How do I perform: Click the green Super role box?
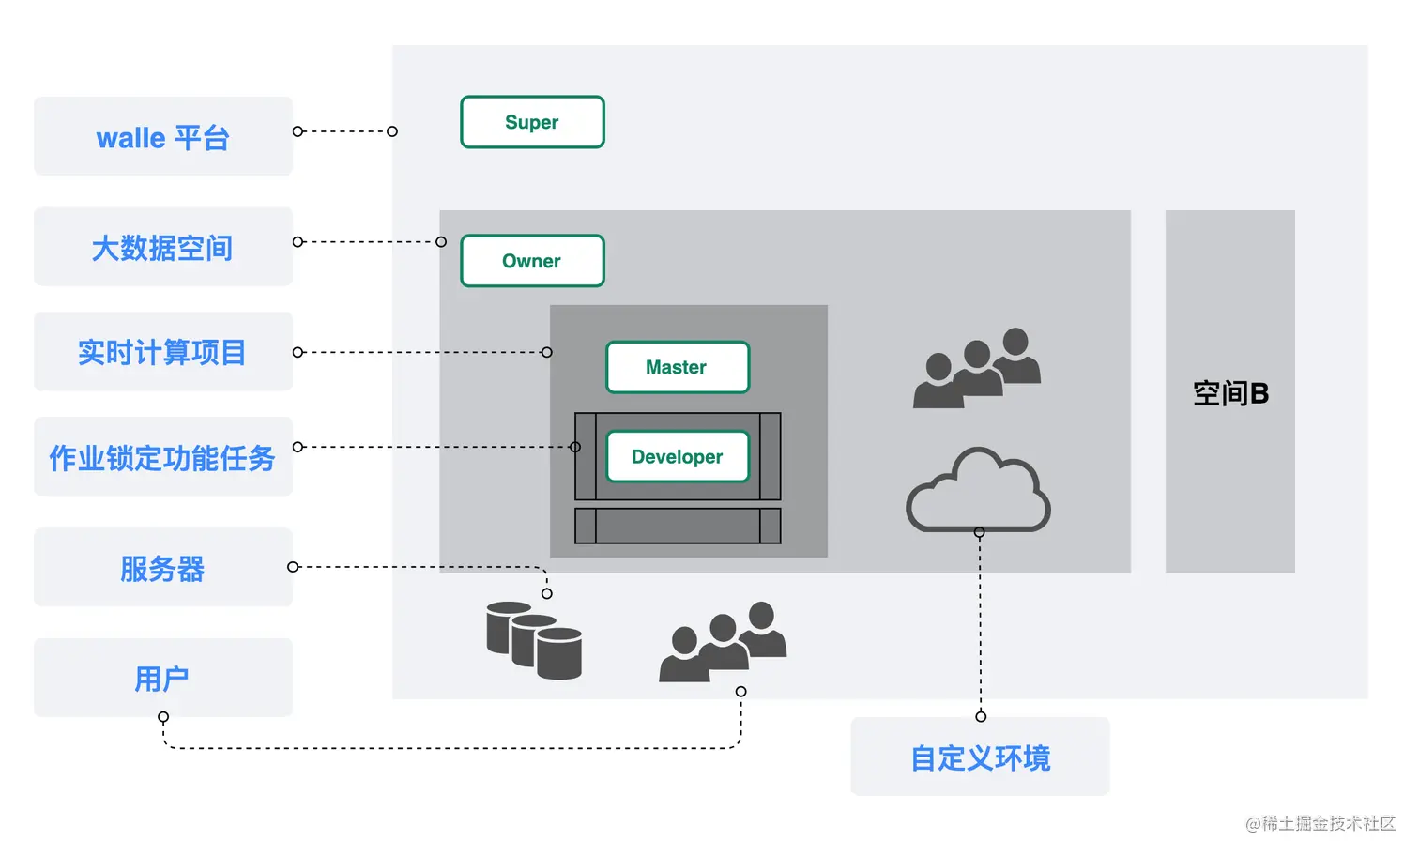(x=532, y=122)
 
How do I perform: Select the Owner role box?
(x=532, y=261)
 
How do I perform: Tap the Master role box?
(x=678, y=367)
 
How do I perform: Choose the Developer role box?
(x=678, y=457)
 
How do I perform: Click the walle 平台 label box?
(x=163, y=137)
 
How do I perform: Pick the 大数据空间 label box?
(x=163, y=248)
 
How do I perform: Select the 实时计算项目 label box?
(x=163, y=352)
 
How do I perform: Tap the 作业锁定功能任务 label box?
(x=163, y=457)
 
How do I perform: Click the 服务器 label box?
(x=163, y=568)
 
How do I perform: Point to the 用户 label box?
(x=163, y=678)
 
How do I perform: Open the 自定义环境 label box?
(x=980, y=757)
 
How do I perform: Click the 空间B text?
(x=1230, y=393)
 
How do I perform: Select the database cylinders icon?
(x=534, y=640)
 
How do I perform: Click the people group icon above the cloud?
(x=977, y=368)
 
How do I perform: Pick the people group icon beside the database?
(x=723, y=642)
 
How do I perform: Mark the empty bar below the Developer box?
(x=678, y=526)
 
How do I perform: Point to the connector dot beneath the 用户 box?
(x=163, y=717)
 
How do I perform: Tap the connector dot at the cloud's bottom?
(x=979, y=532)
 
